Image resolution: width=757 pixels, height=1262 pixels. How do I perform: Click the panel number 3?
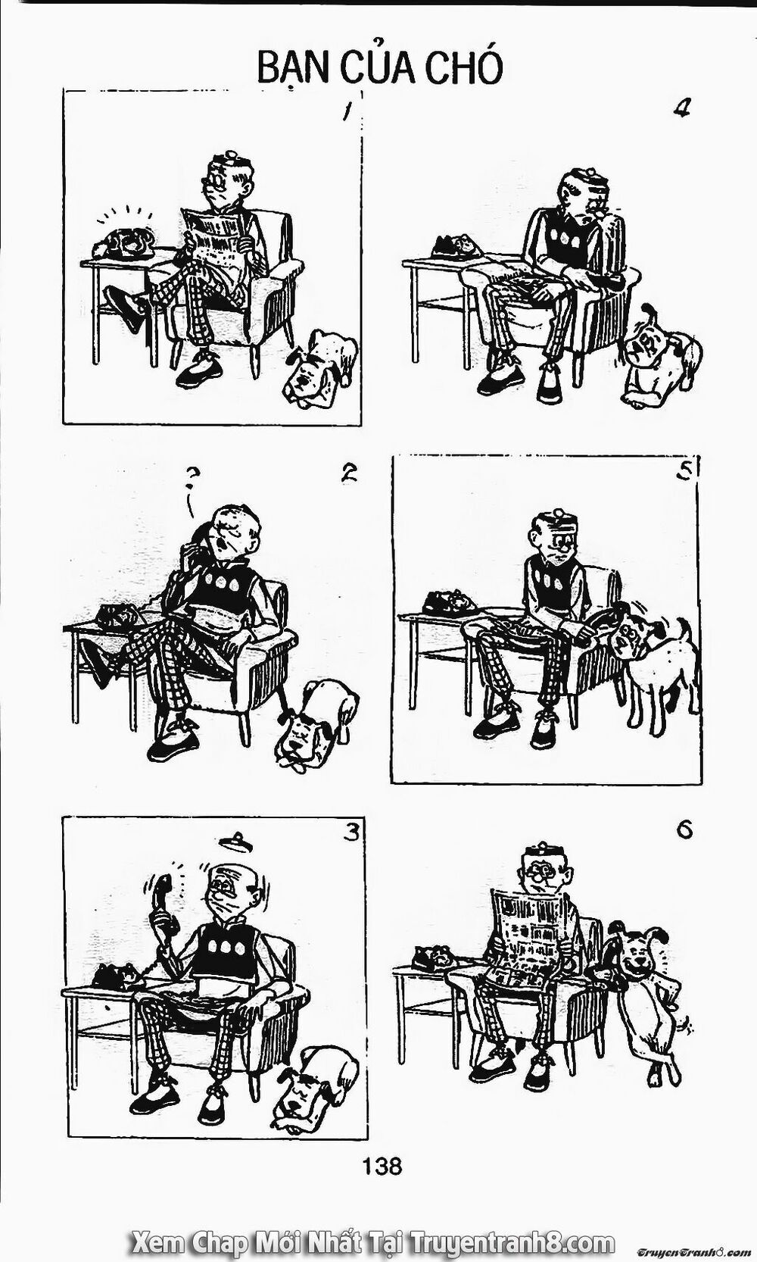(x=350, y=832)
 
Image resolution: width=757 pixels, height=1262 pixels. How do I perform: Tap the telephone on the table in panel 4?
(x=456, y=246)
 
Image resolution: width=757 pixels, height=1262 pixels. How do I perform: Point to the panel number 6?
(x=684, y=830)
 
